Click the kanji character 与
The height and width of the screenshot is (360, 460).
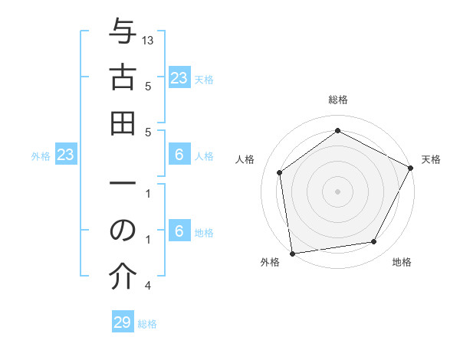click(123, 33)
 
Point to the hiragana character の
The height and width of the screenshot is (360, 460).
click(123, 232)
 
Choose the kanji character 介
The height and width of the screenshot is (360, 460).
click(123, 278)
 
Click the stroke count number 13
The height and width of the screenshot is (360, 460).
click(149, 40)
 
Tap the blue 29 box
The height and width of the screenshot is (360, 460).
click(123, 322)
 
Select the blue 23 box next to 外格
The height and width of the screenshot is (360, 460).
click(66, 155)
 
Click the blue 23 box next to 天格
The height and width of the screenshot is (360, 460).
click(179, 78)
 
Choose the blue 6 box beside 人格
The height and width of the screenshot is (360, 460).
click(179, 155)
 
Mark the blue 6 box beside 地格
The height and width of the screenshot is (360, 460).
click(179, 231)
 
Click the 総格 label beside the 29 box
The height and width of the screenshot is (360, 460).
click(147, 324)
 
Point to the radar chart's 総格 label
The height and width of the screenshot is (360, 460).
click(337, 100)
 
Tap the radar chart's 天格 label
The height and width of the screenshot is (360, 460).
click(431, 159)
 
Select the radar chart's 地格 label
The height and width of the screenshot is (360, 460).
click(402, 263)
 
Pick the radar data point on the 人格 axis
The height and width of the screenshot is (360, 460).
click(280, 172)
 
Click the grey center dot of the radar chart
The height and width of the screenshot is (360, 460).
click(337, 191)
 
